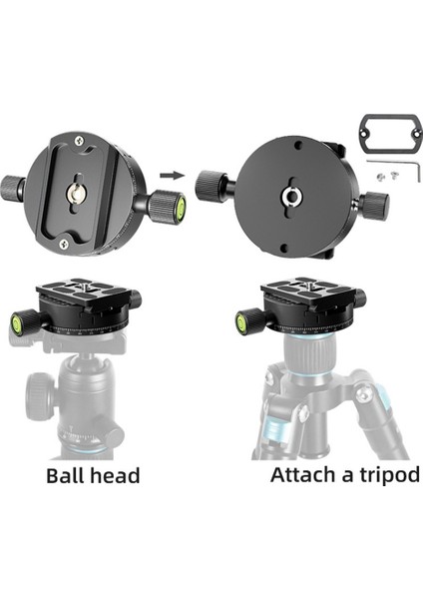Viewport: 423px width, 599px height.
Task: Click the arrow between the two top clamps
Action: pos(172,176)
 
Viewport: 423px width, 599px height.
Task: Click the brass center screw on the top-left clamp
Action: pos(75,184)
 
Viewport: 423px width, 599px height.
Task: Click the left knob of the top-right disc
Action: pos(211,185)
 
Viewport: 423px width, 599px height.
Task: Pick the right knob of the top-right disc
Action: pos(374,206)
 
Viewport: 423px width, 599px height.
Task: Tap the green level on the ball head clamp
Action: pos(18,322)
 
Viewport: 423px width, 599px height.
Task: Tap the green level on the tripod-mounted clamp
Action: pos(241,322)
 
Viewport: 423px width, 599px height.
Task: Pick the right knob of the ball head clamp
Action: pos(134,299)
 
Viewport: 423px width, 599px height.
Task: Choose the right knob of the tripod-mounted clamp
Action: pos(357,299)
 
